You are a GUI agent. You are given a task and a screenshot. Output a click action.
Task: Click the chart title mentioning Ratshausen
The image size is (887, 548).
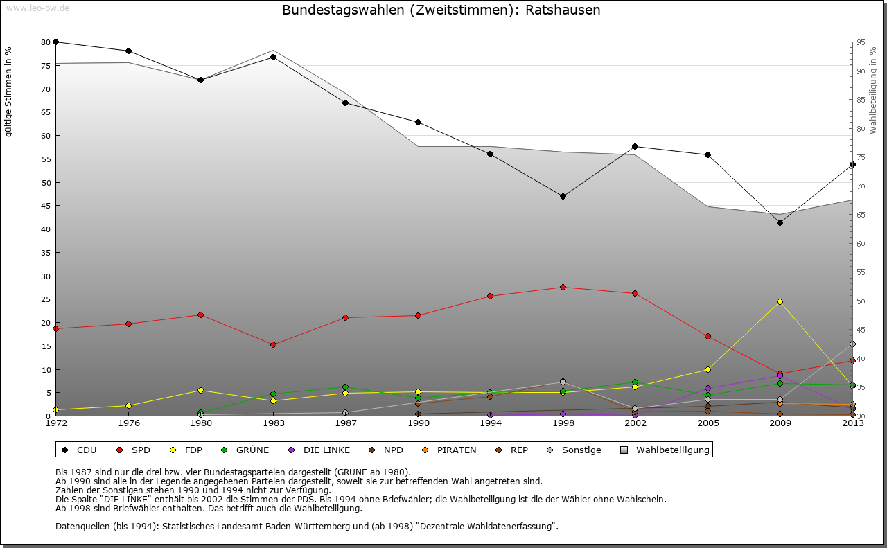coord(441,10)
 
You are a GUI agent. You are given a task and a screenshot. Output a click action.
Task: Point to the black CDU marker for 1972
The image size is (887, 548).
coord(56,42)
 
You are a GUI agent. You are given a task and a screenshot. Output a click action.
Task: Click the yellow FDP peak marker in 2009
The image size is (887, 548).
coord(780,301)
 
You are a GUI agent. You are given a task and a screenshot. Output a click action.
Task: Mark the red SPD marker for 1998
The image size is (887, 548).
coord(563,287)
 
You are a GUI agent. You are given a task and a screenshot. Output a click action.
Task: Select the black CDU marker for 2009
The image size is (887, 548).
coord(780,222)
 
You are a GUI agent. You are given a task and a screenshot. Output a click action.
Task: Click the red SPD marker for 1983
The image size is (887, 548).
coord(273,344)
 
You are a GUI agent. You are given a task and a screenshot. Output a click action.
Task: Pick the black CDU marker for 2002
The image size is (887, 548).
coord(635,146)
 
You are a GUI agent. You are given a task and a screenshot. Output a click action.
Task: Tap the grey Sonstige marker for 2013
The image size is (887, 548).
coord(852,344)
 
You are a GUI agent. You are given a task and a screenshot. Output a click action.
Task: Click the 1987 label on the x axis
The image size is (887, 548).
coord(346,423)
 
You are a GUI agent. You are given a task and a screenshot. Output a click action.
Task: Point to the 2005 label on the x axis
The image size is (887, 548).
coord(708,423)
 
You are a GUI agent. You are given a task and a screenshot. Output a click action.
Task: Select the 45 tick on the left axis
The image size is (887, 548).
coord(46,206)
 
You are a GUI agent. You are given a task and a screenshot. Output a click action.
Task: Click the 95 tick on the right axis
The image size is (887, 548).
coord(861,42)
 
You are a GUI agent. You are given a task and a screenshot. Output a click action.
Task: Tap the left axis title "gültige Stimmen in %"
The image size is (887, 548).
coord(9,92)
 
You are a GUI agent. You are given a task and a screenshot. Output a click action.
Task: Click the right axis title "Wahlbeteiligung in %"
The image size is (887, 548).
coord(873,91)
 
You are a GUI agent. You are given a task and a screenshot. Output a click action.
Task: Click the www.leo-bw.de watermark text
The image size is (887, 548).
coord(37,8)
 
